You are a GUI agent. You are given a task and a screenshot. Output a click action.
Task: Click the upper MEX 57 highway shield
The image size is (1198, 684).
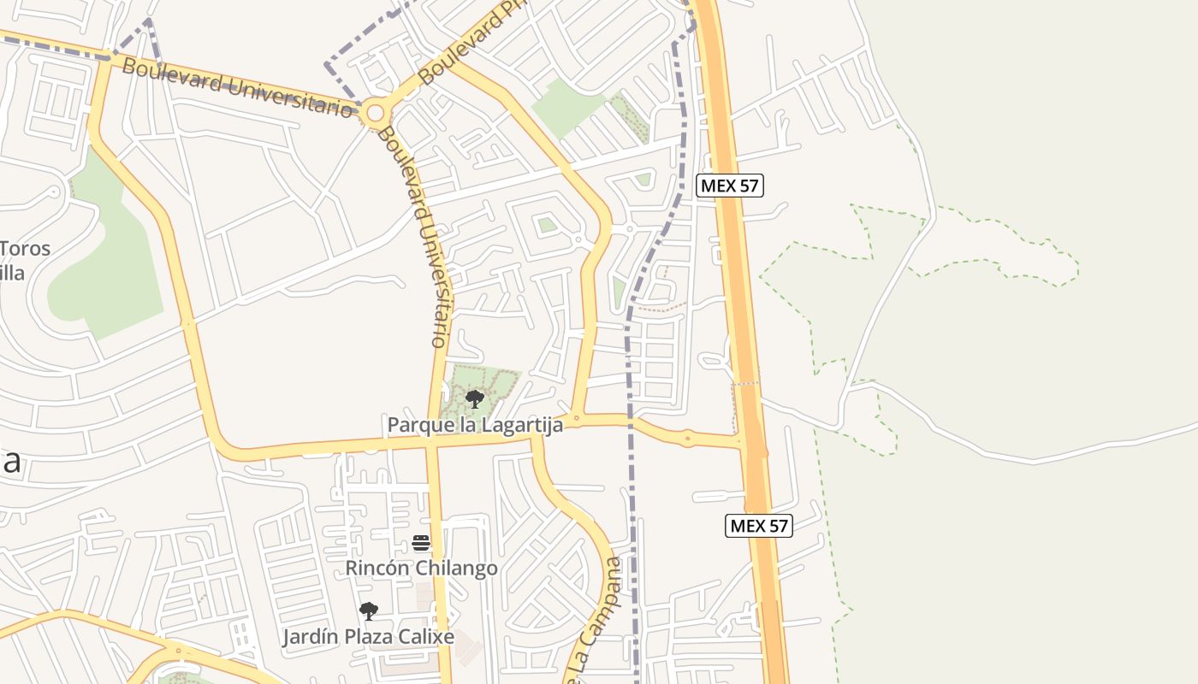coord(729,186)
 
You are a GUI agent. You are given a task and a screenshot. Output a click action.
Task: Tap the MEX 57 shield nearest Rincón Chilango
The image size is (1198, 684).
coord(758,525)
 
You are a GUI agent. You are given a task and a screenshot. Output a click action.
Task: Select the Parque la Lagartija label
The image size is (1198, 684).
coord(475,425)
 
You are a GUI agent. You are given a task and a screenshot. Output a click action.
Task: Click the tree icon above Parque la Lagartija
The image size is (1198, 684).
coord(474,398)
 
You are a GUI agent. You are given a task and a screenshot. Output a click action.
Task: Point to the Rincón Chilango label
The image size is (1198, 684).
coord(421,568)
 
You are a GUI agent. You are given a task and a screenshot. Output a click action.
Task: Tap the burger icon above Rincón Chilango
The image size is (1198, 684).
coord(420,543)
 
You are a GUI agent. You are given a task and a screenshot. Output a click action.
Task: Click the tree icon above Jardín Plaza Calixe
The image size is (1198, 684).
coord(369,610)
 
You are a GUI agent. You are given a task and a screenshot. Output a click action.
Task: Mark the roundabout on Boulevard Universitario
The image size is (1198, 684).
coord(374,112)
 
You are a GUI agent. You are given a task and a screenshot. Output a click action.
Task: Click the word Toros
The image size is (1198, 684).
coord(26,250)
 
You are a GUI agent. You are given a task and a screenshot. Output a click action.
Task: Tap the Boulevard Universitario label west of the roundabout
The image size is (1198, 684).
coord(240,86)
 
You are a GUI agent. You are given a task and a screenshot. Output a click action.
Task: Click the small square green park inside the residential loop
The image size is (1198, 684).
coord(546,225)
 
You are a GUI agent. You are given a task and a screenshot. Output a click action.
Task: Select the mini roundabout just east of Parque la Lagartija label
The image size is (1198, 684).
coord(576,419)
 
